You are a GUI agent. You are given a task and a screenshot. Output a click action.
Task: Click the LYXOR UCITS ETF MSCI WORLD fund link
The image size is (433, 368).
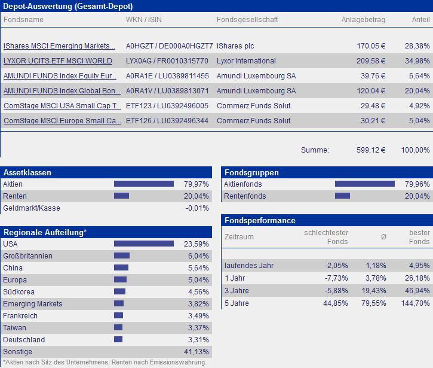[57, 61]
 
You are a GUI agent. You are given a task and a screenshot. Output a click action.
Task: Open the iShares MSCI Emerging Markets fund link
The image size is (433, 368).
[59, 46]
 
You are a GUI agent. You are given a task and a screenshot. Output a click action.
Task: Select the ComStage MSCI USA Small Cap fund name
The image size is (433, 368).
[59, 106]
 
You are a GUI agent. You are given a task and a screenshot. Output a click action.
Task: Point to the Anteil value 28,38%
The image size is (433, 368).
[417, 46]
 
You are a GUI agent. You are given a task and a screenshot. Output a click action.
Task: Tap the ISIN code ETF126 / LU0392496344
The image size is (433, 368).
[167, 121]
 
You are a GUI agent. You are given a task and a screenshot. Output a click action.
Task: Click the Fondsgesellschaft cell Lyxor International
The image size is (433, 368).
[246, 61]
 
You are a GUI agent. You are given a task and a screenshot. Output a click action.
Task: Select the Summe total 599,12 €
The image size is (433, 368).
[371, 150]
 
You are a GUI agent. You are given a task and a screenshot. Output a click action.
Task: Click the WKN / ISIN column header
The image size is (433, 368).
[143, 20]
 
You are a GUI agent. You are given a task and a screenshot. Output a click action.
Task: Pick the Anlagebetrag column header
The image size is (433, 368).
[363, 20]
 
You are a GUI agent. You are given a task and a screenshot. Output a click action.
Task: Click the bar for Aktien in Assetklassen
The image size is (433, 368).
[143, 184]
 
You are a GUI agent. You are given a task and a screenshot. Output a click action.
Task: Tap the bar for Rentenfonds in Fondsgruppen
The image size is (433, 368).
[342, 196]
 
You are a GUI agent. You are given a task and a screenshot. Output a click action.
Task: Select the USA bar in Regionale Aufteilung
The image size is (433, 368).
[143, 244]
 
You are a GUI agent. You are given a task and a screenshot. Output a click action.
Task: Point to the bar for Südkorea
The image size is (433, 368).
[119, 292]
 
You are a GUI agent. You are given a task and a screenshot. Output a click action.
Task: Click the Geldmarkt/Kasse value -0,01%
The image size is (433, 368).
[196, 208]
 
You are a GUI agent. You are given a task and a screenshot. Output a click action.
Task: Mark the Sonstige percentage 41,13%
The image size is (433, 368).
[198, 352]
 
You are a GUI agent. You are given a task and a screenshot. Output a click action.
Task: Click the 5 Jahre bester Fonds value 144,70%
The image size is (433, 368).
[416, 303]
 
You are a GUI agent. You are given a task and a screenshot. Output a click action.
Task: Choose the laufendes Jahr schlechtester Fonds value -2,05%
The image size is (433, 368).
[336, 265]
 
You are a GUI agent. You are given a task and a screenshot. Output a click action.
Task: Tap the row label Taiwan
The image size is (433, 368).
[15, 328]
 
